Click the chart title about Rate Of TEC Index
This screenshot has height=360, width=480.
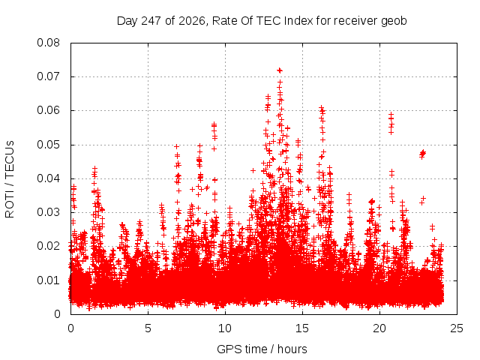point(262,21)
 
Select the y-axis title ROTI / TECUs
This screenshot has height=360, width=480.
point(10,179)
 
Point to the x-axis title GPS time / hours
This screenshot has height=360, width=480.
point(262,349)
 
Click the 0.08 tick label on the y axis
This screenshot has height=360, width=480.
point(48,43)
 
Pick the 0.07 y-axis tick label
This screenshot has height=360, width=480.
point(48,76)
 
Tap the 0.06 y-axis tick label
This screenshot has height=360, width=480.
point(48,110)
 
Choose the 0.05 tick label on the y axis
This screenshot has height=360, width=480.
point(48,145)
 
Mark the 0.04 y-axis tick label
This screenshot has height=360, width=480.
point(48,178)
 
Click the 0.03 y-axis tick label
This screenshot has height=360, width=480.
point(48,212)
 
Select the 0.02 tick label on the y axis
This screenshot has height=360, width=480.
point(48,246)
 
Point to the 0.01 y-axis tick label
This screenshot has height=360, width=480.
point(48,280)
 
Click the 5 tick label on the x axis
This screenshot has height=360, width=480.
point(148,328)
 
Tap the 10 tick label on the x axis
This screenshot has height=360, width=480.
point(225,328)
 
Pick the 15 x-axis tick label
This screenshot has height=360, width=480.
point(302,328)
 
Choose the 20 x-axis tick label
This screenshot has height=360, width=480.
point(379,328)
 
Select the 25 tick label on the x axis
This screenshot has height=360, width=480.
point(457,328)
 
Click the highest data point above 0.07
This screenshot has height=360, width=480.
point(280,70)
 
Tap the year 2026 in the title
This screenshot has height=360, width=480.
point(192,21)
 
